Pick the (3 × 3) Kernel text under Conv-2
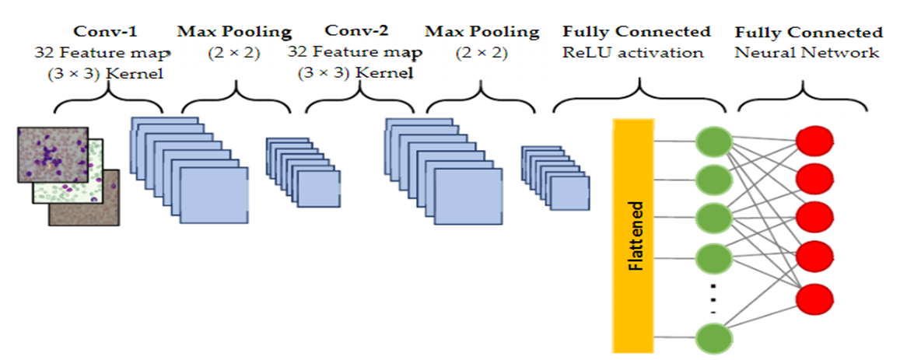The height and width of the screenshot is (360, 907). pos(354,74)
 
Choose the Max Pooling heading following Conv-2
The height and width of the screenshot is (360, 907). pos(482,32)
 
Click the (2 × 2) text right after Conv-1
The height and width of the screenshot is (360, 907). pos(234,53)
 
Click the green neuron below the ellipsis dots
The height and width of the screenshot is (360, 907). pos(713,338)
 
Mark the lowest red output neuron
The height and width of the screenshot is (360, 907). pos(814,299)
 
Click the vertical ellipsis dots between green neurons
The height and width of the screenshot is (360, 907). pos(713,299)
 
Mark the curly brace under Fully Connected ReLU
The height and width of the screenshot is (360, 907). pos(640,97)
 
